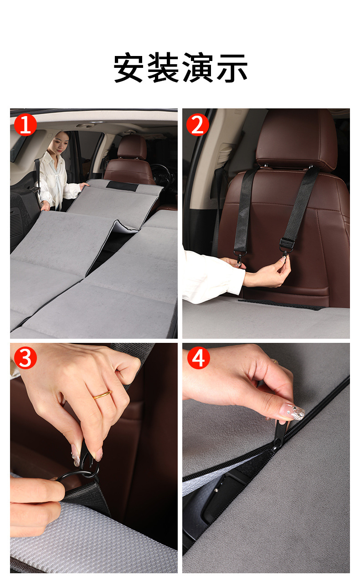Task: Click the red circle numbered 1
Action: click(x=26, y=125)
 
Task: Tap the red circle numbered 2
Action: click(x=197, y=125)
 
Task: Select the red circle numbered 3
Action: click(x=26, y=358)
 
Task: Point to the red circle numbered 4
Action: click(x=198, y=358)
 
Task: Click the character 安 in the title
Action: click(x=129, y=67)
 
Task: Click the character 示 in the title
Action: click(x=232, y=67)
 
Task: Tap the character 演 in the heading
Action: click(x=197, y=67)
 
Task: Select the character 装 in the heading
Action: click(x=163, y=67)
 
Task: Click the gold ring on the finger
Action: click(x=102, y=394)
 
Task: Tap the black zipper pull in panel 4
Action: click(x=279, y=433)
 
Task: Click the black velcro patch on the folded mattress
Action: click(x=122, y=186)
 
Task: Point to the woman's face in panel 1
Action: click(x=62, y=143)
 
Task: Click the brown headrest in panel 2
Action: click(x=297, y=139)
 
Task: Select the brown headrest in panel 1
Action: click(x=132, y=147)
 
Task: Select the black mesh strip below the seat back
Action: click(x=282, y=304)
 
